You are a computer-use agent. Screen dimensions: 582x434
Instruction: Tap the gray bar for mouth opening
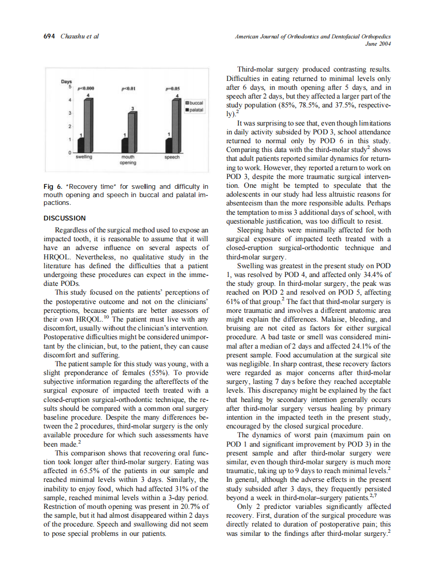pyautogui.click(x=133, y=133)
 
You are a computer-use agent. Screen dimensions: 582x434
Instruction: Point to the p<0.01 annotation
pyautogui.click(x=128, y=89)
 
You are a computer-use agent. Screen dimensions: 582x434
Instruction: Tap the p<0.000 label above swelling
pyautogui.click(x=84, y=89)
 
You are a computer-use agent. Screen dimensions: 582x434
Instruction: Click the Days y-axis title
pyautogui.click(x=67, y=82)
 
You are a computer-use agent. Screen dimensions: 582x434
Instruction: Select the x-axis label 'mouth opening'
pyautogui.click(x=127, y=159)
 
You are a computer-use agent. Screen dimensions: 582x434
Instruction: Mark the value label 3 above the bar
pyautogui.click(x=133, y=107)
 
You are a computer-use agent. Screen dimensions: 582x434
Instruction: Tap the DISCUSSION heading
pyautogui.click(x=65, y=218)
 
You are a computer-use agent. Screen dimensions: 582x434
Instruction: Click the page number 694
pyautogui.click(x=49, y=36)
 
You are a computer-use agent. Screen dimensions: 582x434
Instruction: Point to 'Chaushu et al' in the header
pyautogui.click(x=80, y=36)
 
